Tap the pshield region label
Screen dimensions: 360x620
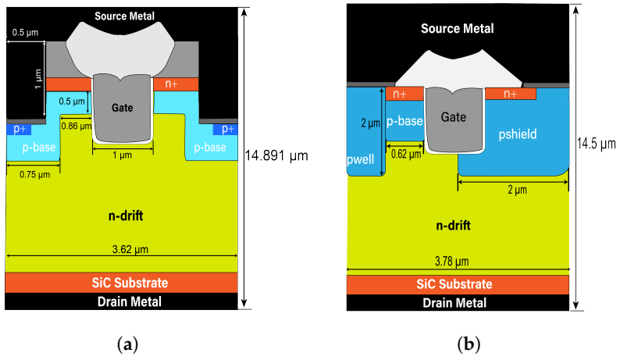tap(518, 134)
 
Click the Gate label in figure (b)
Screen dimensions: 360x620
tap(454, 116)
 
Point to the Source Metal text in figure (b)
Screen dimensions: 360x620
tap(457, 29)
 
